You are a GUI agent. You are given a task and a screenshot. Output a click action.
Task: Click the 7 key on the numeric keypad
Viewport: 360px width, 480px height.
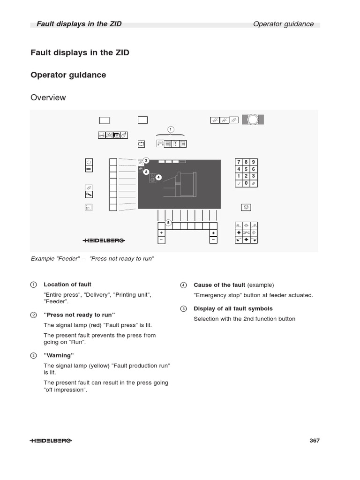(x=239, y=162)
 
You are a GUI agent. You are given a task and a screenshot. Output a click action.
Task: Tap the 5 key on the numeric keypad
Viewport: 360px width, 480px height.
(x=246, y=169)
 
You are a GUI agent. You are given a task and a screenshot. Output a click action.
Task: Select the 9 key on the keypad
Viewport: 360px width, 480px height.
(x=254, y=162)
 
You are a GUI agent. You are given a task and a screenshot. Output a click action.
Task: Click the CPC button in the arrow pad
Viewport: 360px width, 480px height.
(x=246, y=232)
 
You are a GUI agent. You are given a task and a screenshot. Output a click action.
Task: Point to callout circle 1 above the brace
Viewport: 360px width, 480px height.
(x=171, y=129)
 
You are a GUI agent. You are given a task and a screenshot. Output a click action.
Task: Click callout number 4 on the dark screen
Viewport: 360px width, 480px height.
(x=158, y=177)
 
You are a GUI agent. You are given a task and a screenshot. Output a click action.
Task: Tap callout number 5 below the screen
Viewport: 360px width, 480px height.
(x=168, y=222)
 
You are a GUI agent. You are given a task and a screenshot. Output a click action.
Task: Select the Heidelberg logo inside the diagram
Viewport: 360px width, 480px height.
(x=104, y=240)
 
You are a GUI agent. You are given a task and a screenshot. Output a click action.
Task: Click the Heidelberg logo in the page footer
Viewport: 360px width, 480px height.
(x=51, y=441)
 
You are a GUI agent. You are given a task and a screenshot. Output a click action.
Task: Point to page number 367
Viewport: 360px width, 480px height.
(x=315, y=441)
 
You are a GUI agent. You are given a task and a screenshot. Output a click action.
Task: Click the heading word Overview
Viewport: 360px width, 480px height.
(x=48, y=97)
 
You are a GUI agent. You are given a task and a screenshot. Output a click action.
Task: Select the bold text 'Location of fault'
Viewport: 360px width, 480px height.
(x=67, y=285)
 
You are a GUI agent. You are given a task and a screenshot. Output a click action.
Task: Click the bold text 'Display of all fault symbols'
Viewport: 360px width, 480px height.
(x=233, y=308)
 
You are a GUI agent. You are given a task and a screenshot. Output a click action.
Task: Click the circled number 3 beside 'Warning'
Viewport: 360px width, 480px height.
(x=33, y=356)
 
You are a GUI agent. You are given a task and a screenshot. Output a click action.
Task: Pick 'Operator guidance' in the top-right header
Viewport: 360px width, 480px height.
(x=283, y=24)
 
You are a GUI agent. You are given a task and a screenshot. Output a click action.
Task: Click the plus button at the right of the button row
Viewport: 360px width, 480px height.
(x=213, y=232)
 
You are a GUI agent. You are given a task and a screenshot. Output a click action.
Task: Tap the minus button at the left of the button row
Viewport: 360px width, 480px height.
(x=161, y=240)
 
